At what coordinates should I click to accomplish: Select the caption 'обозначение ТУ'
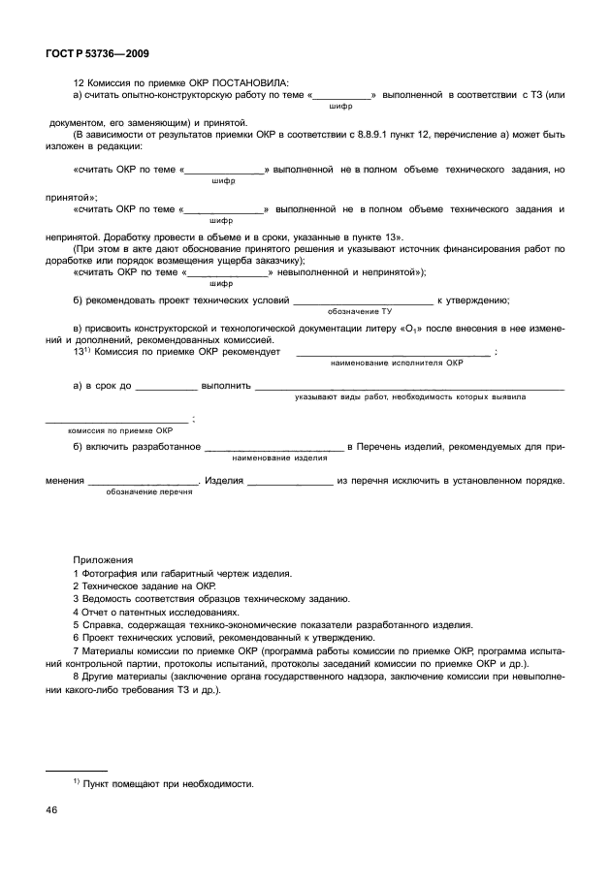(x=359, y=311)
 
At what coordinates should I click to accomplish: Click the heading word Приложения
(x=104, y=560)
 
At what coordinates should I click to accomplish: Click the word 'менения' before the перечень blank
(x=65, y=481)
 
